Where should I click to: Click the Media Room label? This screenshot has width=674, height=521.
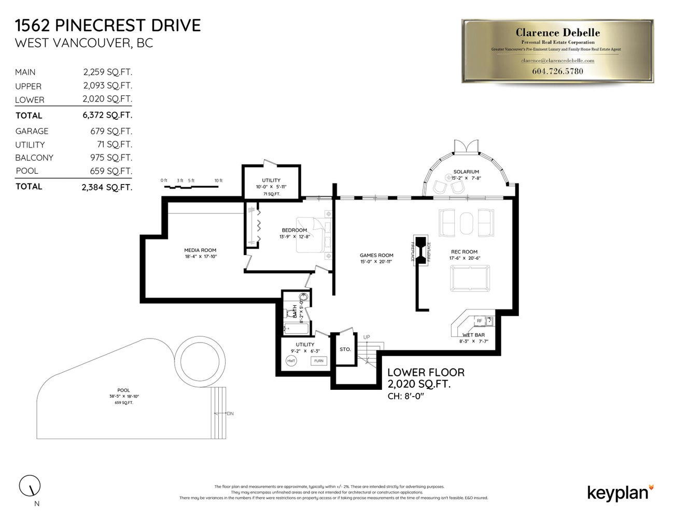tap(200, 250)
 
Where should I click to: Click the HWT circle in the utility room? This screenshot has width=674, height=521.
tap(291, 361)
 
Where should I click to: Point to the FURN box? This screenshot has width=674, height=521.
tap(318, 361)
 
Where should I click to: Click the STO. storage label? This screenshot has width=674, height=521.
tap(345, 349)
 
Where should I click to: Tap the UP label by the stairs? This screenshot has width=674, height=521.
tap(367, 337)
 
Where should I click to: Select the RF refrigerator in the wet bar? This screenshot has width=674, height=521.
tap(479, 321)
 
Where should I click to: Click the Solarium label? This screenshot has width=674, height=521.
tap(466, 172)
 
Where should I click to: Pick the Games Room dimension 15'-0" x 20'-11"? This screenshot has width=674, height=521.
tap(376, 262)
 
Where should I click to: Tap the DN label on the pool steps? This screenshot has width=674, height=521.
tap(230, 414)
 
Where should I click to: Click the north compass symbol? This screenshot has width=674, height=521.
tap(30, 486)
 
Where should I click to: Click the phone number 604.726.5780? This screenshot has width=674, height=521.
tap(557, 71)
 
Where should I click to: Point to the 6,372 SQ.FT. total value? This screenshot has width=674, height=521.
tap(107, 115)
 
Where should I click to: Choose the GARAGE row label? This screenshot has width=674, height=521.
tap(32, 131)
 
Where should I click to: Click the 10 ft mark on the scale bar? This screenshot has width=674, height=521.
tap(218, 181)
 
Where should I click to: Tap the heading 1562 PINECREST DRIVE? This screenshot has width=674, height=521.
tap(108, 25)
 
